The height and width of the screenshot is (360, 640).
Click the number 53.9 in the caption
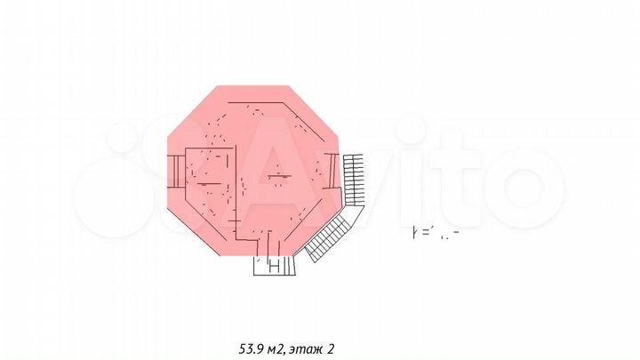(252, 348)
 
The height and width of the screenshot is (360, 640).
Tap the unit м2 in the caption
(275, 348)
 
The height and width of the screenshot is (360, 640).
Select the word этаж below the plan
(305, 348)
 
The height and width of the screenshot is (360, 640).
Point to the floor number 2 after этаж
(332, 348)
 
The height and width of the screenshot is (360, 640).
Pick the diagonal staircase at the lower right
(329, 238)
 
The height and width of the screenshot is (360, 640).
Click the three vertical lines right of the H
(287, 265)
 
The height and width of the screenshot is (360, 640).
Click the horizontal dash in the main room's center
(277, 176)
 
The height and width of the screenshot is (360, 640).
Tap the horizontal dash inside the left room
(208, 181)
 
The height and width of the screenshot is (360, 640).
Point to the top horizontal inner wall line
(258, 104)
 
